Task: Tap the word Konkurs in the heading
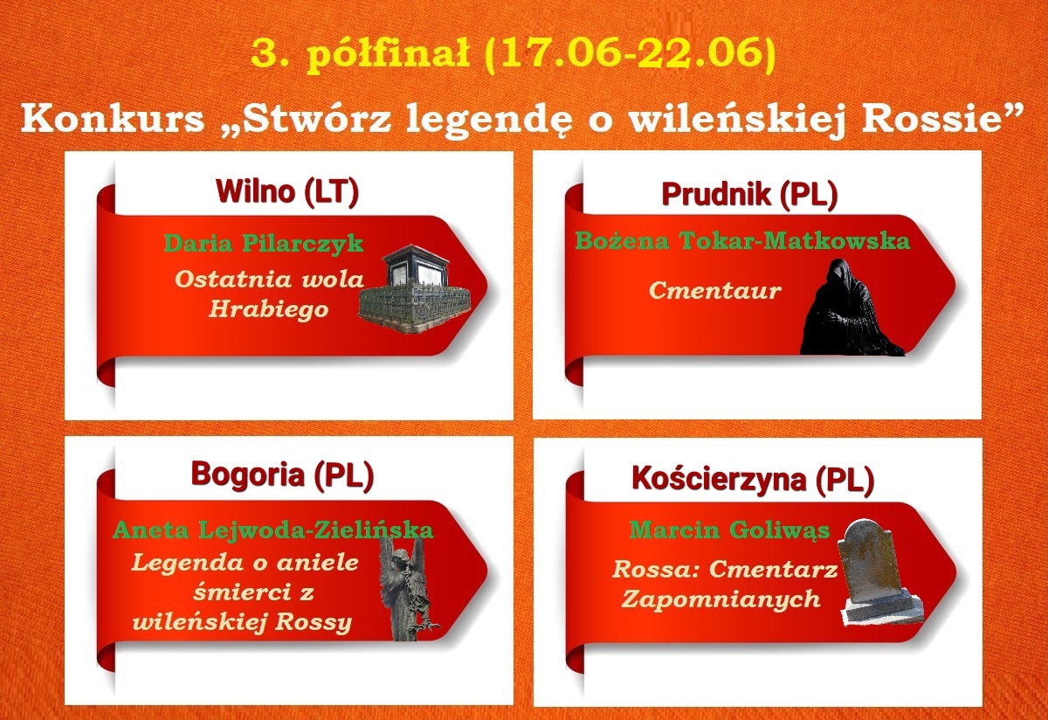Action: [113, 119]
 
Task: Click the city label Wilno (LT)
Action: [286, 191]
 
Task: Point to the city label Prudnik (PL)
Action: [749, 194]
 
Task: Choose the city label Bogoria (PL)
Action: [282, 475]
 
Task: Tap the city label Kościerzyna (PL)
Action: [753, 479]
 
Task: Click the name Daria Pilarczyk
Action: [264, 244]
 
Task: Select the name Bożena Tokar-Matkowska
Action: [742, 240]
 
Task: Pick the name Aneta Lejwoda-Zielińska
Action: [272, 530]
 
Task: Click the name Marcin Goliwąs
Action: [729, 530]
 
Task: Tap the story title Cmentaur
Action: [715, 290]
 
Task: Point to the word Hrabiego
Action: [269, 309]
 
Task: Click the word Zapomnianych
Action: [721, 599]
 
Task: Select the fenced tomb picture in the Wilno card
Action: [415, 289]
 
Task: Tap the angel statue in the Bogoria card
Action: [408, 589]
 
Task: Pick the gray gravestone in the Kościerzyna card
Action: [879, 572]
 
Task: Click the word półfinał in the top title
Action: [388, 54]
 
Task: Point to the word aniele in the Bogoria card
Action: [318, 562]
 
